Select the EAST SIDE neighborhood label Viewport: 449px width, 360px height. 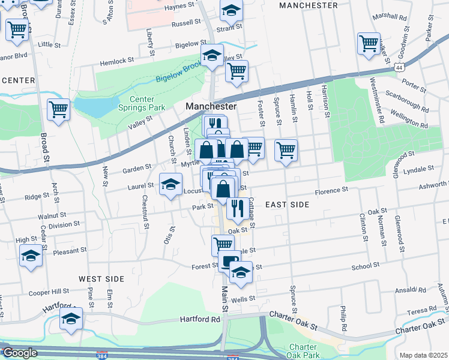(x=287, y=205)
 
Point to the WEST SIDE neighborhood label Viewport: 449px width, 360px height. (x=101, y=279)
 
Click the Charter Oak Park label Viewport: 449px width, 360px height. (x=307, y=351)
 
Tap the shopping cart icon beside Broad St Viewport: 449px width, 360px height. (x=58, y=109)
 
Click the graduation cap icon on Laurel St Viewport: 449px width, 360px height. (x=170, y=184)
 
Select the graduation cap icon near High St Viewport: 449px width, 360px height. (x=31, y=256)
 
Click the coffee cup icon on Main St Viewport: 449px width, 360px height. (x=229, y=261)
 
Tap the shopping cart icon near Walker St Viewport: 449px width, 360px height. (x=369, y=43)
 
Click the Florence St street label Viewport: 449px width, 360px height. (x=332, y=191)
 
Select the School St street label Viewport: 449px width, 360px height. (x=366, y=264)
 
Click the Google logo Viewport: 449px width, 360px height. (x=20, y=353)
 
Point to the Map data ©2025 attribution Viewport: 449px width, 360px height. (x=423, y=355)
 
